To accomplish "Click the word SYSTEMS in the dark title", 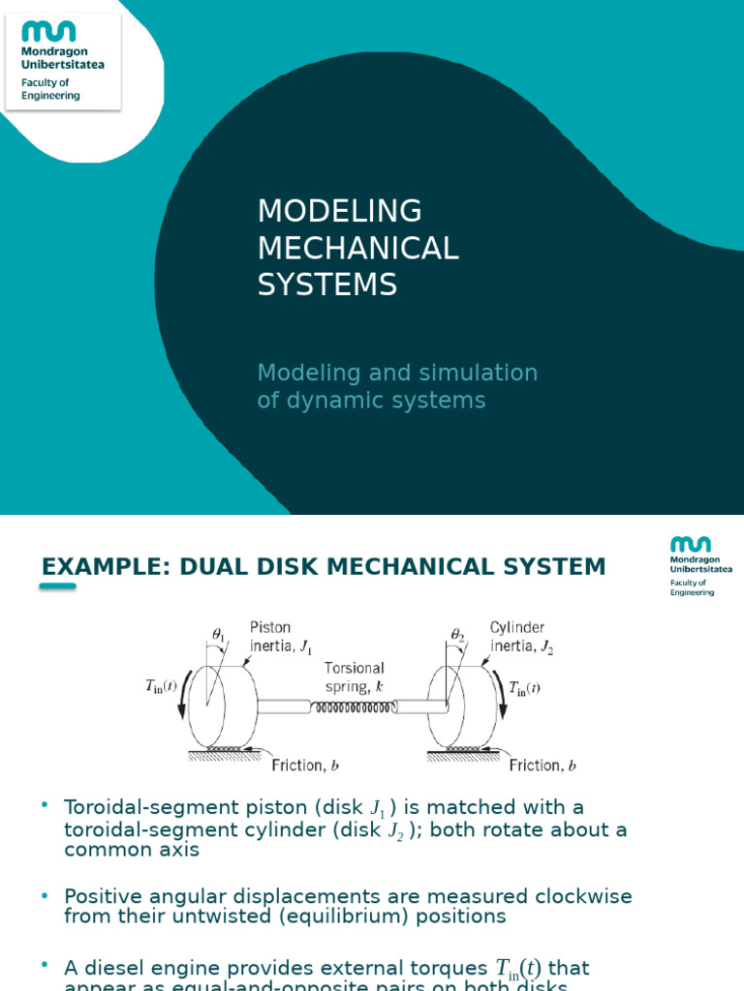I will coord(326,285).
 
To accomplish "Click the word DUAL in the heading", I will coord(197,566).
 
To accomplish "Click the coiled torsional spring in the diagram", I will coord(353,707).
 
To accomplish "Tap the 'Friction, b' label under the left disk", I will coord(304,765).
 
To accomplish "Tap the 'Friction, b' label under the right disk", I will coord(542,765).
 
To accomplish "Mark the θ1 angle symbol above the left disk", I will coord(218,634).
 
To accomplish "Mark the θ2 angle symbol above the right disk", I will coord(458,634).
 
